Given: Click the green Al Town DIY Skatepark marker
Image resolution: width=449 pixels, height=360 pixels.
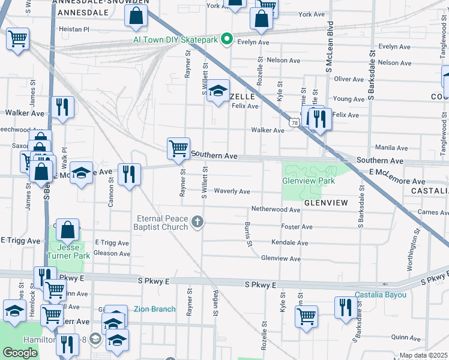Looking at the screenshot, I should pyautogui.click(x=226, y=40).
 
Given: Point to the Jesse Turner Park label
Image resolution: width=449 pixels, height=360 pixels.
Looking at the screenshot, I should pyautogui.click(x=69, y=251).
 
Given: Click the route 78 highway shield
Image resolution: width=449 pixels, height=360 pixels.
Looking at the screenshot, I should pyautogui.click(x=294, y=122).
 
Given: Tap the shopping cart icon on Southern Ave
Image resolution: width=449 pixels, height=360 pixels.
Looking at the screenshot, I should pyautogui.click(x=178, y=148).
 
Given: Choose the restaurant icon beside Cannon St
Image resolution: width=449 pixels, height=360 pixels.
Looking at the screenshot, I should pyautogui.click(x=129, y=174).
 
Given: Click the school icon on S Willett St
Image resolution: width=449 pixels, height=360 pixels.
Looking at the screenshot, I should pyautogui.click(x=218, y=91).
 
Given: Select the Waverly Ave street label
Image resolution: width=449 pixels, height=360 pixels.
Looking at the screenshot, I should pyautogui.click(x=232, y=191).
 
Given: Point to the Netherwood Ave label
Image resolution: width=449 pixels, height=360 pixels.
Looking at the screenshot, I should pyautogui.click(x=276, y=210).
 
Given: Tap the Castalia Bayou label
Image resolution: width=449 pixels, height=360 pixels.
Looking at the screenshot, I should pyautogui.click(x=381, y=295).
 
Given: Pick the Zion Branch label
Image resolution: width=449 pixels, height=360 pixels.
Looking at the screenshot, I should pyautogui.click(x=155, y=309).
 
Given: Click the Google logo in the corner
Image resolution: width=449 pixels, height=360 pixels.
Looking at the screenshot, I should pyautogui.click(x=20, y=353).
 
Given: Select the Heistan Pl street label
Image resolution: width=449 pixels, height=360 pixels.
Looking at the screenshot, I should pyautogui.click(x=73, y=28).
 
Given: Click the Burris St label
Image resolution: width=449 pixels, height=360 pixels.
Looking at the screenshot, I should pyautogui.click(x=247, y=233).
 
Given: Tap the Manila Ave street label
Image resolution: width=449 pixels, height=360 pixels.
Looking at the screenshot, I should pyautogui.click(x=387, y=147).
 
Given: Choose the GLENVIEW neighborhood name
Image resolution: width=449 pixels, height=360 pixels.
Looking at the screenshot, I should pyautogui.click(x=326, y=203).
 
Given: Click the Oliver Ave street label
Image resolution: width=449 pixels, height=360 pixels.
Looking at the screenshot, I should pyautogui.click(x=349, y=79).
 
